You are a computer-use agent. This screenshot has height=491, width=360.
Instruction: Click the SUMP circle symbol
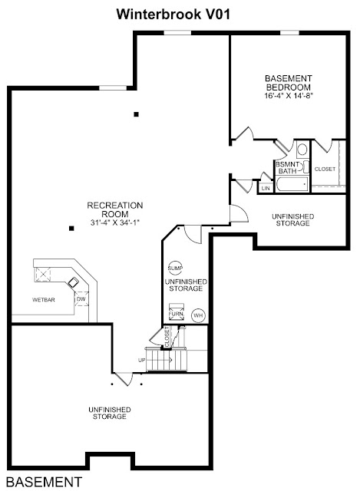[175, 268]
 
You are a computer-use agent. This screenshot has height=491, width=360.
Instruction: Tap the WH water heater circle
[198, 315]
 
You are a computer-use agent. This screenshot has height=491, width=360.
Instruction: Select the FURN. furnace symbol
[177, 312]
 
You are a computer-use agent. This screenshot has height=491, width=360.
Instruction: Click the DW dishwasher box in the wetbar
[81, 299]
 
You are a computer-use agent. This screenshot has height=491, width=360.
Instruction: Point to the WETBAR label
[44, 300]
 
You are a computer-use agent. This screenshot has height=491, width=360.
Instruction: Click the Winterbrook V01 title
[173, 15]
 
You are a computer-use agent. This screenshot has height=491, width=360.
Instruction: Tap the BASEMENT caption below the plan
[45, 482]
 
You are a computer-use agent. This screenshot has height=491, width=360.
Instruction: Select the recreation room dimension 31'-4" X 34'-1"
[114, 222]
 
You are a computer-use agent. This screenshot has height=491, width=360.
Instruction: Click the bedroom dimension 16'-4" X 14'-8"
[289, 95]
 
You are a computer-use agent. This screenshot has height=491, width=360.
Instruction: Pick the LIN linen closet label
[266, 188]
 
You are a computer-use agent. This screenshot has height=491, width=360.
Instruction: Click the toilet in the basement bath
[302, 149]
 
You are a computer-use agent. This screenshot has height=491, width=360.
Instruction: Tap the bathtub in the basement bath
[292, 185]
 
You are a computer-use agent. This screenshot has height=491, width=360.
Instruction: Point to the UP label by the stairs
[141, 360]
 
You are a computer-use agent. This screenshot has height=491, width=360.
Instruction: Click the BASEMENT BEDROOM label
[289, 83]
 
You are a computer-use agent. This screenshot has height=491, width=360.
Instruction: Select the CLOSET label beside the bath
[325, 169]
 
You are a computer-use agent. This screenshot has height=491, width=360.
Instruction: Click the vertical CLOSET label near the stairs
[167, 337]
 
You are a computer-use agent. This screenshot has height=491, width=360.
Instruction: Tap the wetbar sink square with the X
[43, 275]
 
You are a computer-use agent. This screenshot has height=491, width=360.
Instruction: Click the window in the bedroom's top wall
[289, 32]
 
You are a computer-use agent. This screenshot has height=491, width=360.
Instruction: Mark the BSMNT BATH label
[287, 167]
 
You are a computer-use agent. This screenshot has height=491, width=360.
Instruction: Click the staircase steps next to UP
[166, 359]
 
